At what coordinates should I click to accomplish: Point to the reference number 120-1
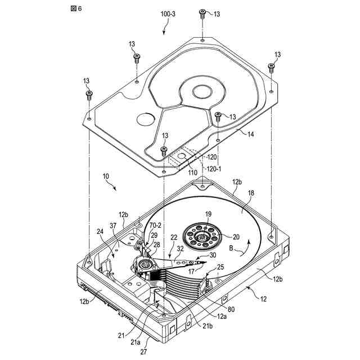210,168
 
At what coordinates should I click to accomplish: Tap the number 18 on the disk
251,193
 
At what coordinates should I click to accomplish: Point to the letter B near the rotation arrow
232,247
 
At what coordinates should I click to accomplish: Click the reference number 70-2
155,226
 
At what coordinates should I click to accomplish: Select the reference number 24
100,231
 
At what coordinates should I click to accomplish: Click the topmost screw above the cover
201,12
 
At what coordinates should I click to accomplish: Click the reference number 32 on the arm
180,247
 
